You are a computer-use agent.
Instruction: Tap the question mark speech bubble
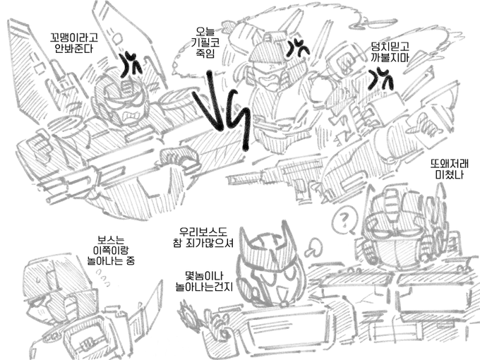(x=344, y=220)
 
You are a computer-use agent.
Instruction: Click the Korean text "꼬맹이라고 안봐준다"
(x=73, y=43)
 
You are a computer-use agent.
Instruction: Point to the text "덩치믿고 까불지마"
(x=390, y=52)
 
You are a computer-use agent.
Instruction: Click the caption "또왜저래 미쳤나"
(x=449, y=169)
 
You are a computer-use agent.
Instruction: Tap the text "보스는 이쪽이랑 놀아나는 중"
(x=111, y=250)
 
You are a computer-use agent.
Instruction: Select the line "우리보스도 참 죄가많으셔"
(x=203, y=237)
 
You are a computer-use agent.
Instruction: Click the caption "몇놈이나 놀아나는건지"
(x=204, y=280)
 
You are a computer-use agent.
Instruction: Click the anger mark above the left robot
(x=131, y=65)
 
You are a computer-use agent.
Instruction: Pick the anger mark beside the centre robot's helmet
(x=297, y=48)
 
